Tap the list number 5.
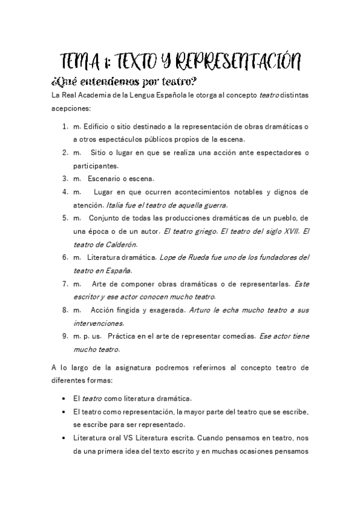pyautogui.click(x=64, y=218)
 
